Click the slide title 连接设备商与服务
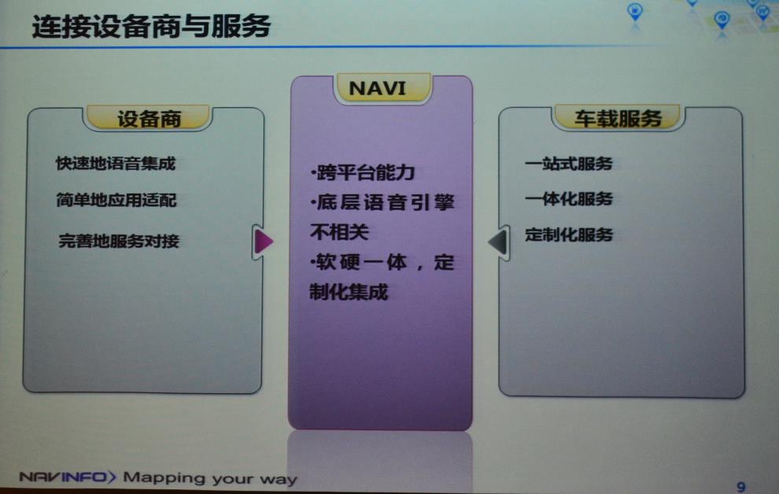click(151, 26)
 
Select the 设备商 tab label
click(149, 120)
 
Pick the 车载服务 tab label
click(617, 119)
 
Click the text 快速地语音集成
click(115, 164)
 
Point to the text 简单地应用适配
click(116, 201)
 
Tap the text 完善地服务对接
click(119, 241)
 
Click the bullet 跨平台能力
click(362, 172)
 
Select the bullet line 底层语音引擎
click(382, 203)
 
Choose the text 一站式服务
click(568, 164)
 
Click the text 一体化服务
click(568, 200)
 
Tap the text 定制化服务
click(568, 234)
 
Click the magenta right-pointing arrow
click(264, 241)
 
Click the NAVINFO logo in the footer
click(67, 477)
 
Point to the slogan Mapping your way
click(210, 477)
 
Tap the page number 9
click(740, 485)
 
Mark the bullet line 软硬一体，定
click(382, 263)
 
